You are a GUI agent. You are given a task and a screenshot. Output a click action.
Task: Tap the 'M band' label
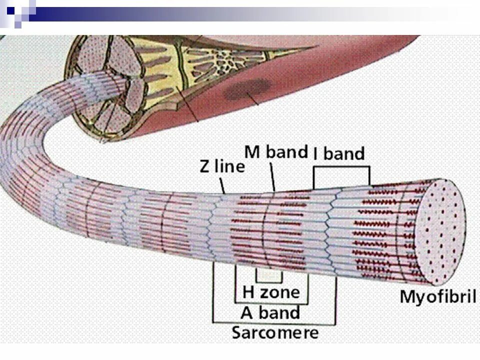click(275, 151)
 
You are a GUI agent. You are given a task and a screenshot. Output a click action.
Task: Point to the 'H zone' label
click(270, 291)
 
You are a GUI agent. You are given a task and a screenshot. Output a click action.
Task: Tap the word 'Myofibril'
click(437, 296)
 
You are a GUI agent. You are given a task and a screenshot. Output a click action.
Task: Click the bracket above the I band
click(341, 168)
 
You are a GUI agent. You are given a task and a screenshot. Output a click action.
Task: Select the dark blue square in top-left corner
click(10, 8)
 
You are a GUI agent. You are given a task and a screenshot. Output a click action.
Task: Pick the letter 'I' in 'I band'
click(316, 153)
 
